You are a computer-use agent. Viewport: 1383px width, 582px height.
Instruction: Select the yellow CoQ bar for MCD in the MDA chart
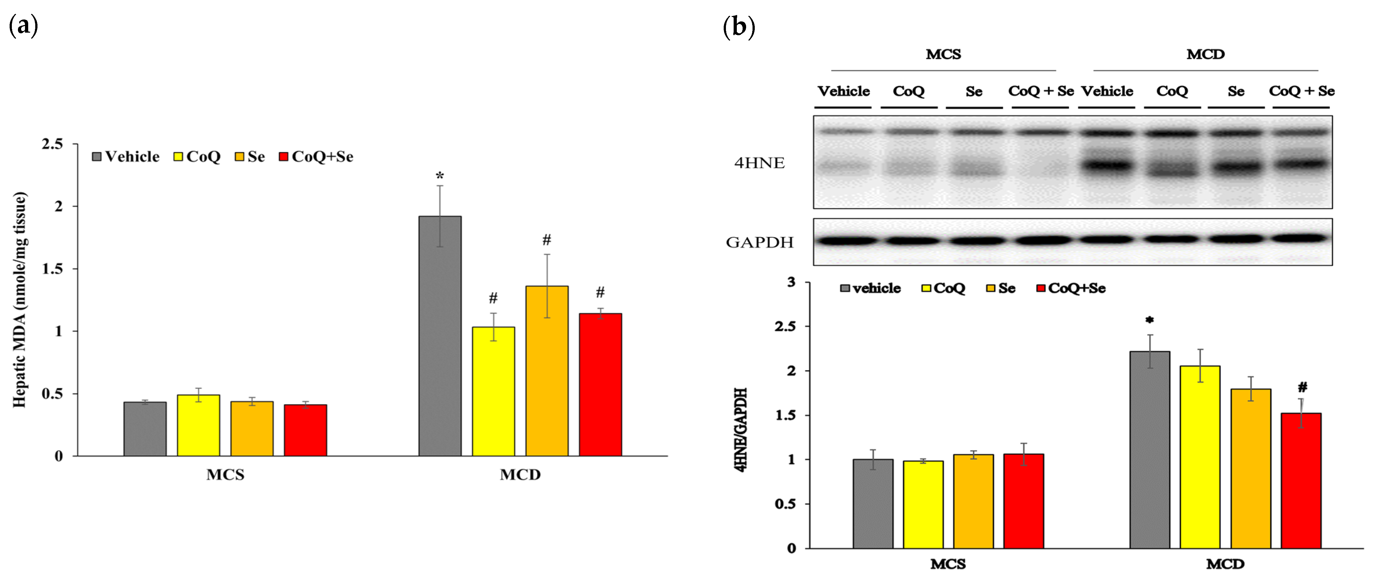493,392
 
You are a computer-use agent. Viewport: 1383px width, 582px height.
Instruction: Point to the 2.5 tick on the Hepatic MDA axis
53,144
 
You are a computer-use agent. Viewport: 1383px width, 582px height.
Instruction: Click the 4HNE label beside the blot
759,163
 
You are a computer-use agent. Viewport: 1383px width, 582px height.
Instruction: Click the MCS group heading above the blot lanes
943,54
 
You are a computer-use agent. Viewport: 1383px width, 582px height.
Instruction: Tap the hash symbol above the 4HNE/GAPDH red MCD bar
1303,387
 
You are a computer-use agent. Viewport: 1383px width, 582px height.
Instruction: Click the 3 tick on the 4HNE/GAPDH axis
791,282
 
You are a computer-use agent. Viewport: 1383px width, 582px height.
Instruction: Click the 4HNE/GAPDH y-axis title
741,429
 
